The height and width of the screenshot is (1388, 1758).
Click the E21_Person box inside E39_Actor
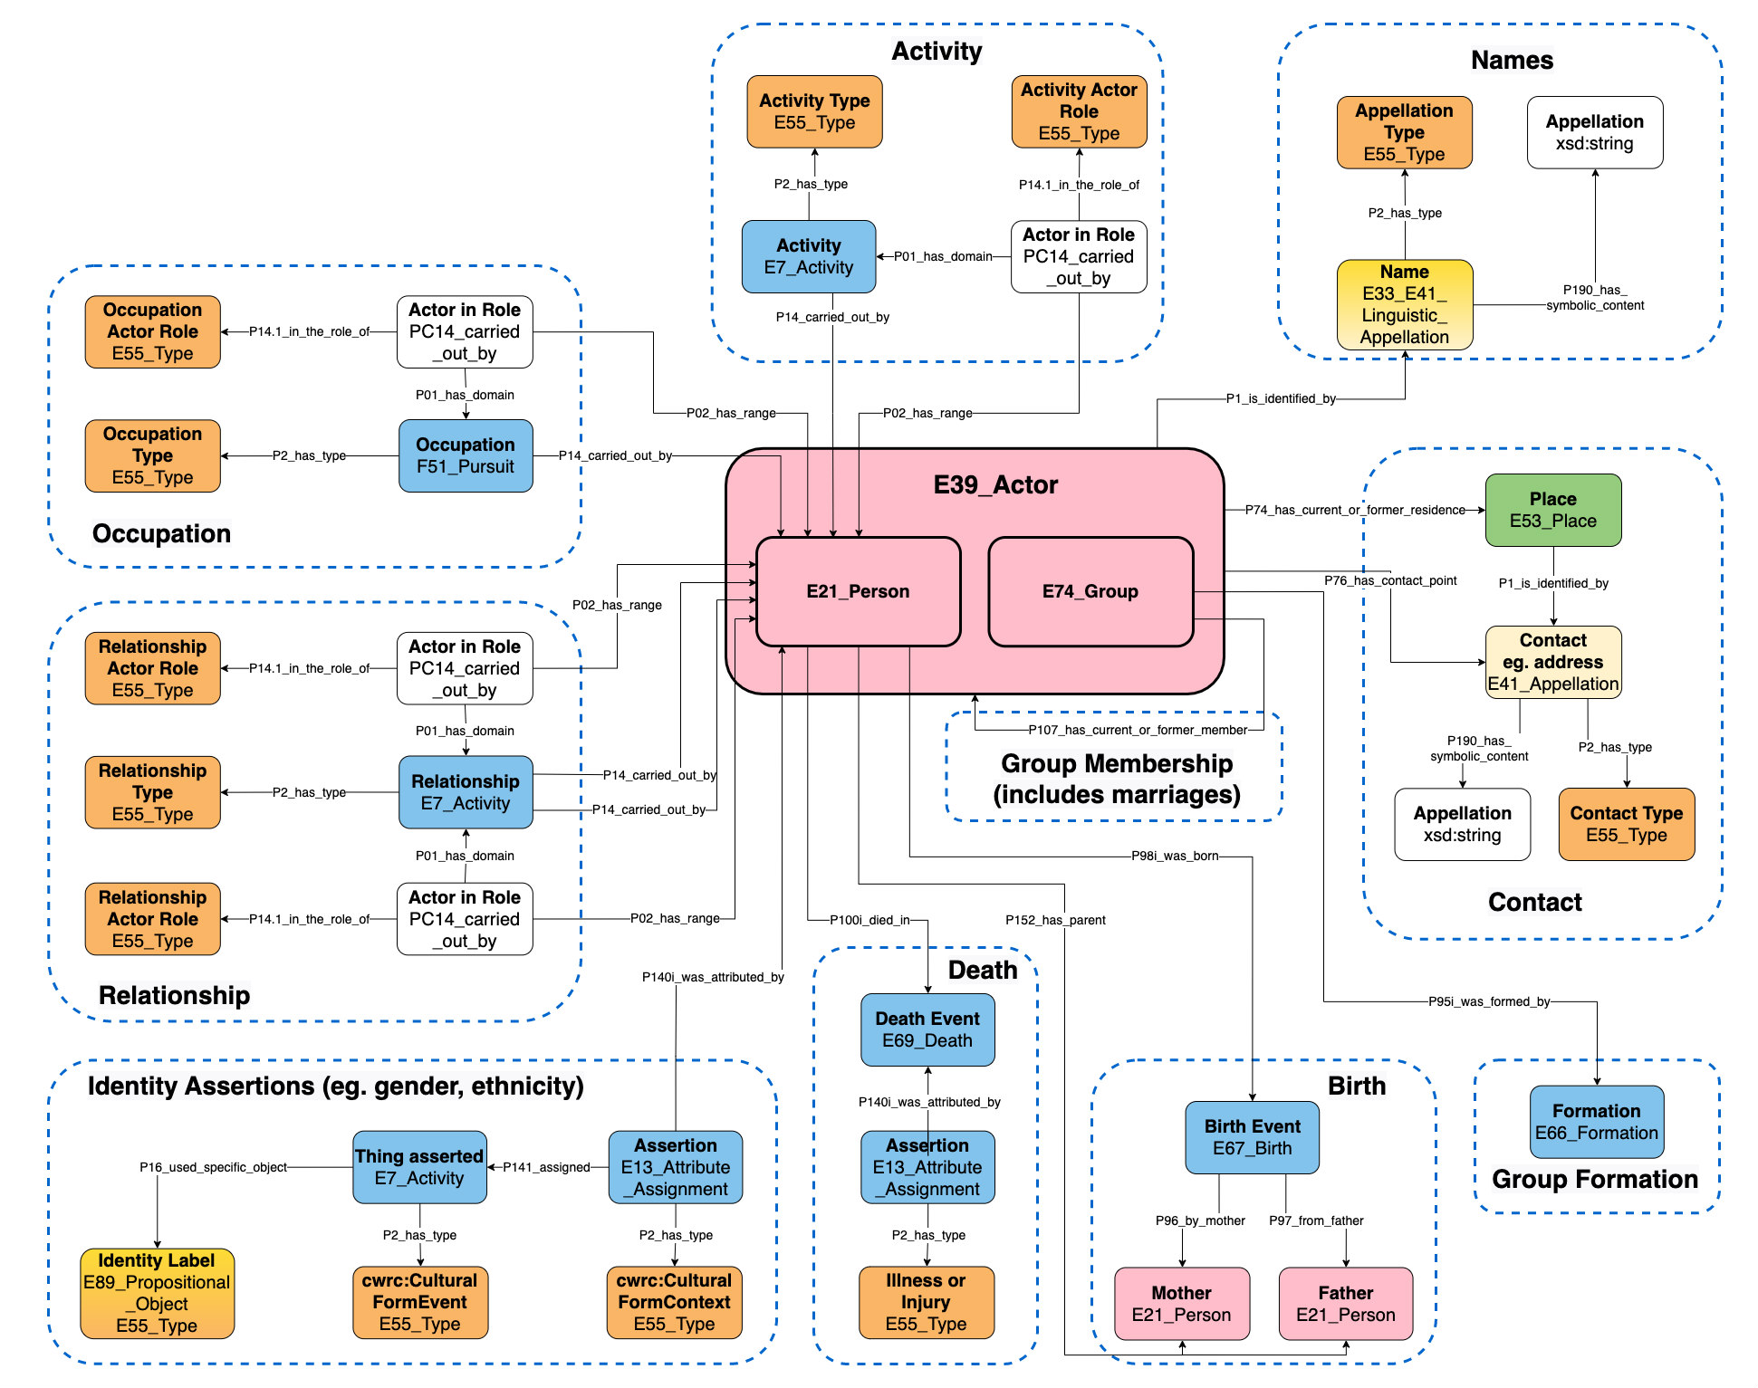click(x=858, y=591)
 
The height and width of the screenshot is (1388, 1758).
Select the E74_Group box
click(x=1090, y=591)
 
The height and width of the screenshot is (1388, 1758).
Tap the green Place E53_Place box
click(x=1552, y=510)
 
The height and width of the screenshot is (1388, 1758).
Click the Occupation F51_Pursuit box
click(x=466, y=455)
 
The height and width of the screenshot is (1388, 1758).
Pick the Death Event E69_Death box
click(x=927, y=1029)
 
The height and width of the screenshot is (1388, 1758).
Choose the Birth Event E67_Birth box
click(x=1252, y=1137)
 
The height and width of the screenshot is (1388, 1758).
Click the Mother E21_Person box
click(x=1181, y=1303)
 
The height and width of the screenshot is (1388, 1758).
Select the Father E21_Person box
click(x=1345, y=1303)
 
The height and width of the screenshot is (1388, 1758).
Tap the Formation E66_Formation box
click(x=1596, y=1122)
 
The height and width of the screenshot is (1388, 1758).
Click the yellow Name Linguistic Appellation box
click(x=1404, y=304)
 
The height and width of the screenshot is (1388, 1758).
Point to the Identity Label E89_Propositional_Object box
click(x=157, y=1293)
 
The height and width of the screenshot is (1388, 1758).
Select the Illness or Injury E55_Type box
click(x=926, y=1302)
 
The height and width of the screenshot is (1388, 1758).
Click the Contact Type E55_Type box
click(x=1626, y=823)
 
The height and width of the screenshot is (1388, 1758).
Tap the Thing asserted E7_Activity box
click(x=419, y=1166)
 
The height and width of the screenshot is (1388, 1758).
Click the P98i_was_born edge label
click(x=1174, y=856)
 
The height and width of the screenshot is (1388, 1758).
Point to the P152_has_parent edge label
click(x=1055, y=920)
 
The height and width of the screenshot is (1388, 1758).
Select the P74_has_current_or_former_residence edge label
click(x=1354, y=510)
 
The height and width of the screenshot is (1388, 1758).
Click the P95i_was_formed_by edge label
click(x=1488, y=1001)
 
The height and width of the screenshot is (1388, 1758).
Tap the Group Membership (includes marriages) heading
click(x=1116, y=779)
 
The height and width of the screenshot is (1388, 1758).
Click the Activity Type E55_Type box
click(x=814, y=111)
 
